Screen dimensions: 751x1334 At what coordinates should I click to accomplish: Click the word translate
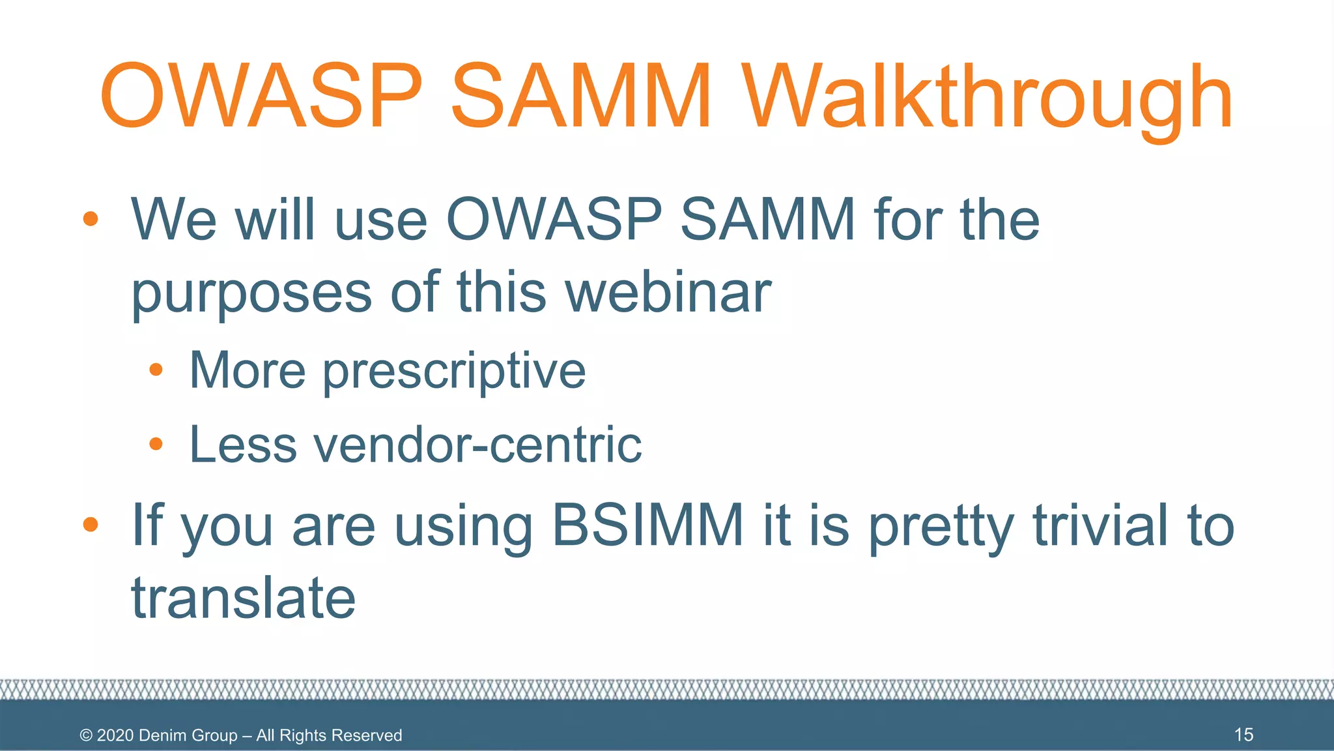(244, 598)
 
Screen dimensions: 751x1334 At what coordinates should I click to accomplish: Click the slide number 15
(1243, 735)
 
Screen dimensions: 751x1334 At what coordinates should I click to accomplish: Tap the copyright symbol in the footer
(86, 735)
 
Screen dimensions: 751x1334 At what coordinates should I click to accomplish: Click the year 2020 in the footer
(115, 735)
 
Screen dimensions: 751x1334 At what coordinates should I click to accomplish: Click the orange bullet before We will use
(91, 218)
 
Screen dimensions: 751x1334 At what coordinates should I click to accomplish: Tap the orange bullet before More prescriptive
(156, 370)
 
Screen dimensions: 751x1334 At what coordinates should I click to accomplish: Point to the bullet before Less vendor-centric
(156, 445)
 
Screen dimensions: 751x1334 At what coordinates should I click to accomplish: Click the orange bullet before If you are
(91, 524)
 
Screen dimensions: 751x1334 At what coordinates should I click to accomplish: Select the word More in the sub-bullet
(247, 370)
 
